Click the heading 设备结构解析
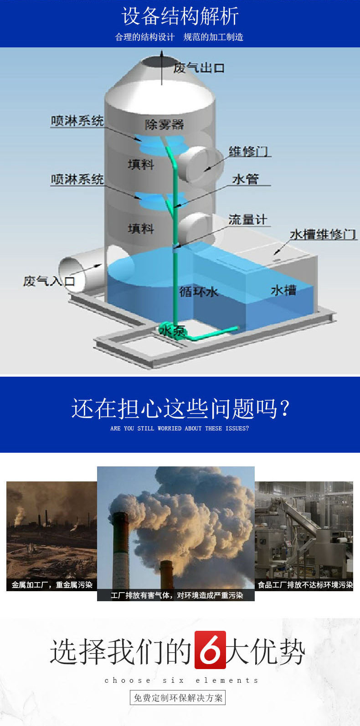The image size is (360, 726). [x=180, y=16]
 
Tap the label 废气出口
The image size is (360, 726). [x=199, y=68]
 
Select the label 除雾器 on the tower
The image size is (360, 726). [x=164, y=124]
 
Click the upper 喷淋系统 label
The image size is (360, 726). [x=77, y=121]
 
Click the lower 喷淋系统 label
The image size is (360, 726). [x=77, y=179]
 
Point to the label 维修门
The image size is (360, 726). [x=248, y=151]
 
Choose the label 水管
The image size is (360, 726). [x=246, y=179]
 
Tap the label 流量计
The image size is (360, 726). [x=247, y=220]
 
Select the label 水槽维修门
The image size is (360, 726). [x=323, y=235]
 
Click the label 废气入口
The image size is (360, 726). [x=49, y=281]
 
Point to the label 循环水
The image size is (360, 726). [x=199, y=291]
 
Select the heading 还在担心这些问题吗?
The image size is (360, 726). [x=180, y=408]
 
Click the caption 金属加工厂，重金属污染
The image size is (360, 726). [x=52, y=585]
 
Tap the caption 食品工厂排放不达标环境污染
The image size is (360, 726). [x=305, y=585]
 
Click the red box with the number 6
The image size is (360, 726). [x=210, y=650]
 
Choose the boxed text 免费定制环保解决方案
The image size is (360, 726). [x=178, y=698]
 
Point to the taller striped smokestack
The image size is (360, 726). [x=120, y=549]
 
